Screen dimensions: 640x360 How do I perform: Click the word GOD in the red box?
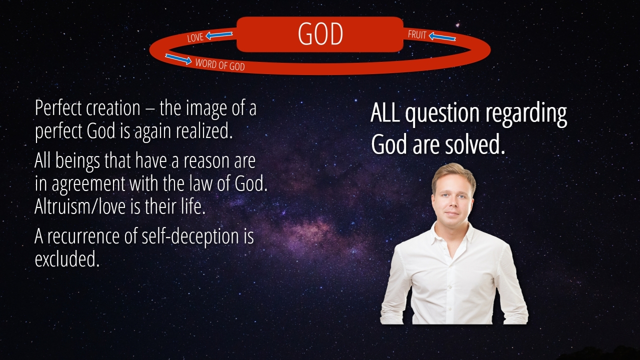320,34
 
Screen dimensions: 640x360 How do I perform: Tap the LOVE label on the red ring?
195,37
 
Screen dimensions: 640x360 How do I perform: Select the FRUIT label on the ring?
417,34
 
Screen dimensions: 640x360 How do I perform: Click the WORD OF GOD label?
220,64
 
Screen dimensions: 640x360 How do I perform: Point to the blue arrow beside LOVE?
219,35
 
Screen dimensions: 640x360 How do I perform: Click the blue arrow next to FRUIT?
442,36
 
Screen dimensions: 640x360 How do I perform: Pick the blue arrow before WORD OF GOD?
178,59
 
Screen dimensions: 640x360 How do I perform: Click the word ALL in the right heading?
385,112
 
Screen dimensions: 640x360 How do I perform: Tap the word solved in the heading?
475,145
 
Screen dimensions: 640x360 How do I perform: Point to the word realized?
204,131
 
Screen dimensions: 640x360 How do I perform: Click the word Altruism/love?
80,206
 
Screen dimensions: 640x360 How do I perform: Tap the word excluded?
67,259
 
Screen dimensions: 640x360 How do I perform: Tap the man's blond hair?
453,175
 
